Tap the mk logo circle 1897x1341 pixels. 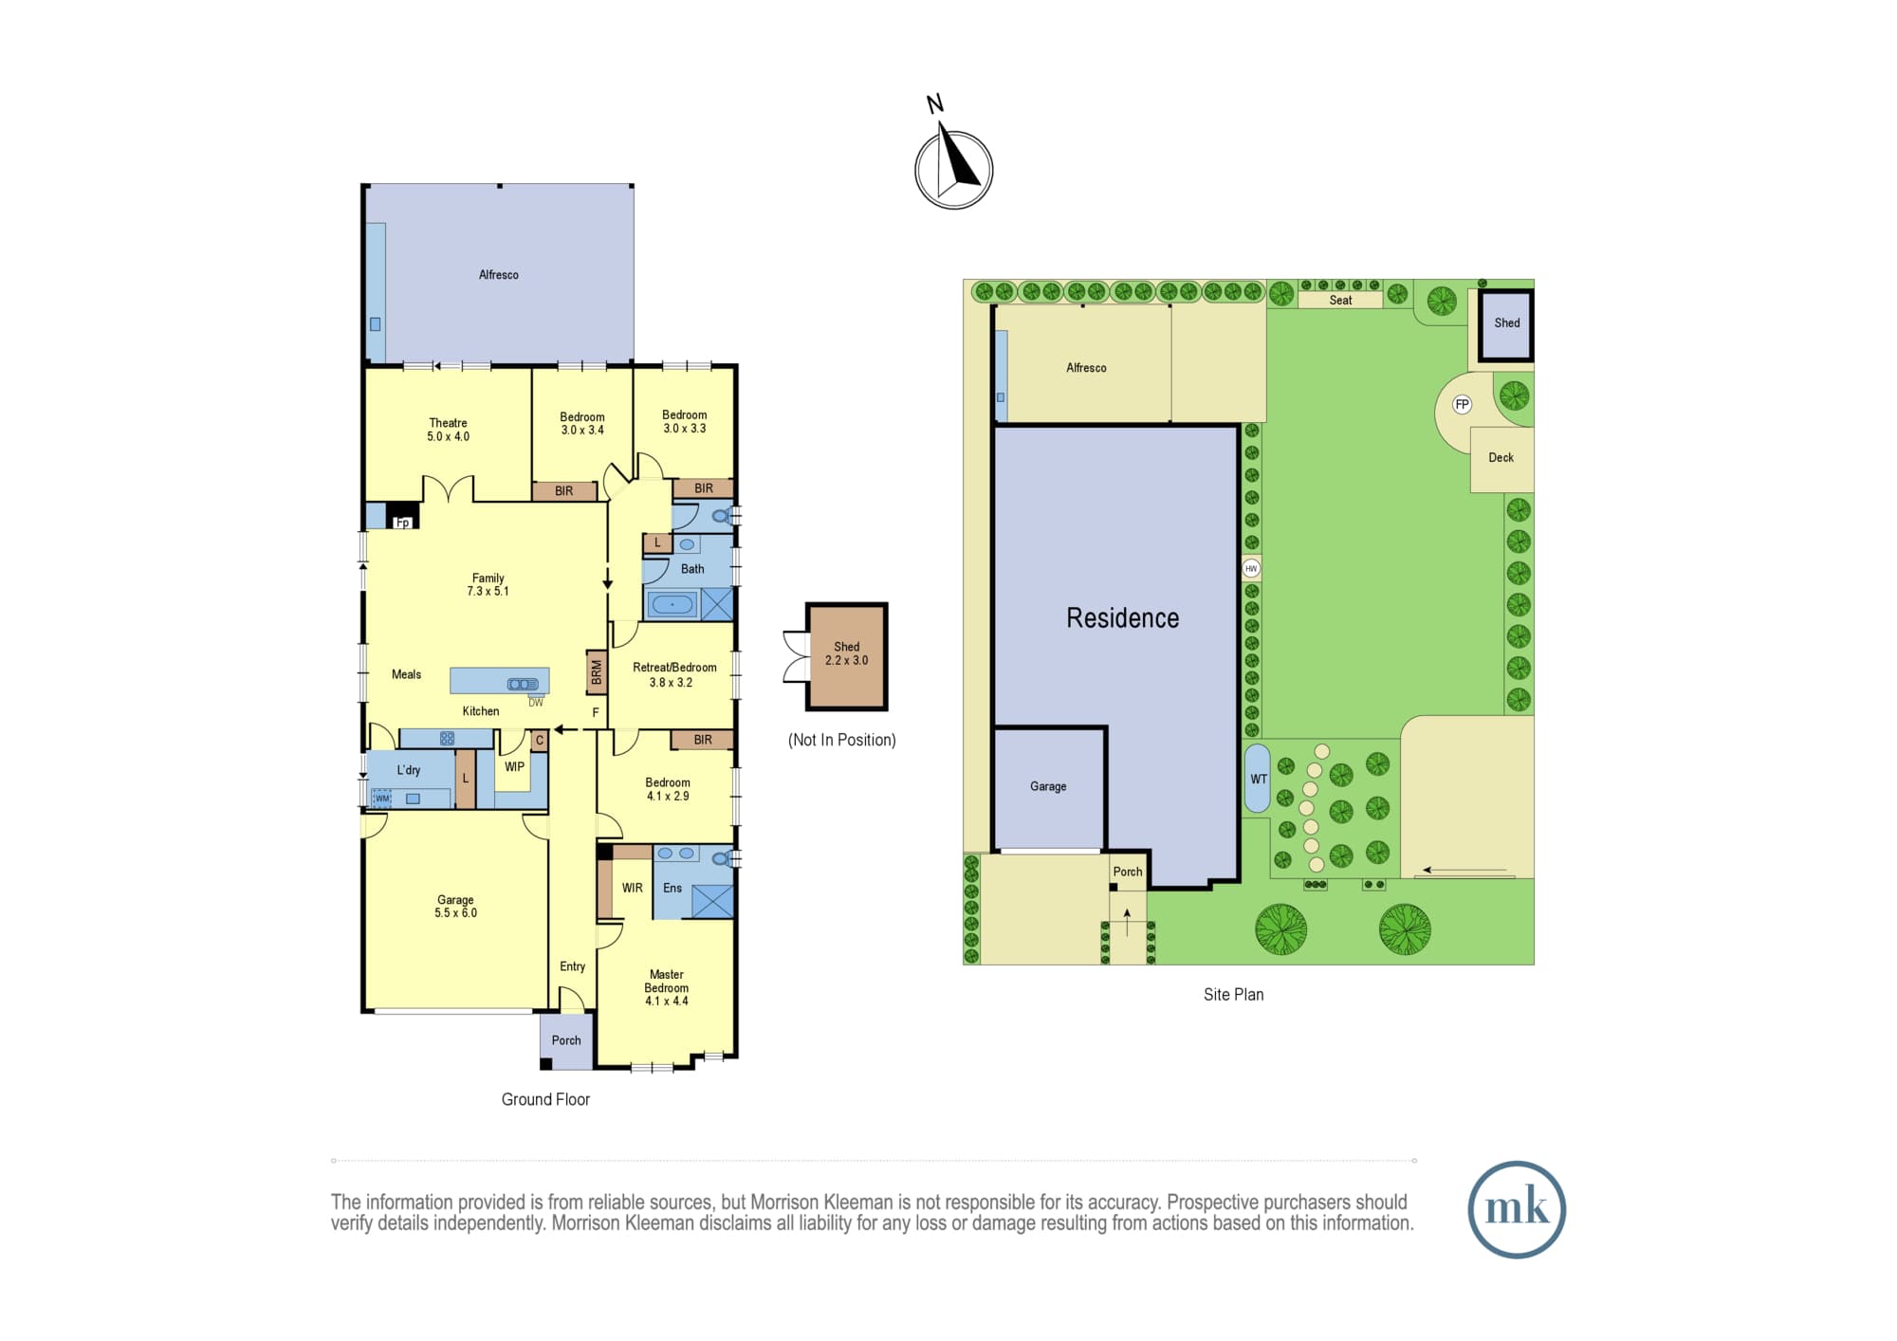[x=1517, y=1209]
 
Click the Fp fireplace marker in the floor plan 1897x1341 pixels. [x=402, y=523]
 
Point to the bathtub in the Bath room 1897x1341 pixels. [x=672, y=604]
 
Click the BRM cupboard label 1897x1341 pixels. [x=597, y=672]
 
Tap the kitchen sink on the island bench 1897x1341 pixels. [x=523, y=684]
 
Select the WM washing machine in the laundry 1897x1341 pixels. [x=382, y=799]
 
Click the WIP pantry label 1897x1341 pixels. [x=514, y=766]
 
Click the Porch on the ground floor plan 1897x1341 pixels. [x=566, y=1041]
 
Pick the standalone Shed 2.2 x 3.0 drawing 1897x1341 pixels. [x=847, y=656]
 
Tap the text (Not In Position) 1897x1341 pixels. [x=842, y=740]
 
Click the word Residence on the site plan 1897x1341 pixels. [x=1123, y=618]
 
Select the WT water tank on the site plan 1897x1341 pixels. [x=1257, y=779]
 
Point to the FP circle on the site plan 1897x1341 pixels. [x=1462, y=405]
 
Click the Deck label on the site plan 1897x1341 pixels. [x=1501, y=457]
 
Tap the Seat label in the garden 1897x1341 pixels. [x=1340, y=300]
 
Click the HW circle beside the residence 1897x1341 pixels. [x=1251, y=569]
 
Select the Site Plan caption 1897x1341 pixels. [x=1233, y=994]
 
